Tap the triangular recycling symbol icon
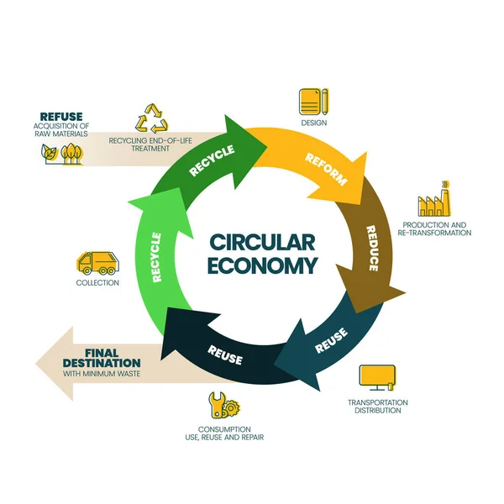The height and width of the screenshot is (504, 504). coord(152,118)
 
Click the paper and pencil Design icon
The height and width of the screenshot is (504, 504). coord(313,102)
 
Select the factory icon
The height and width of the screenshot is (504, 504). coord(435,202)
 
